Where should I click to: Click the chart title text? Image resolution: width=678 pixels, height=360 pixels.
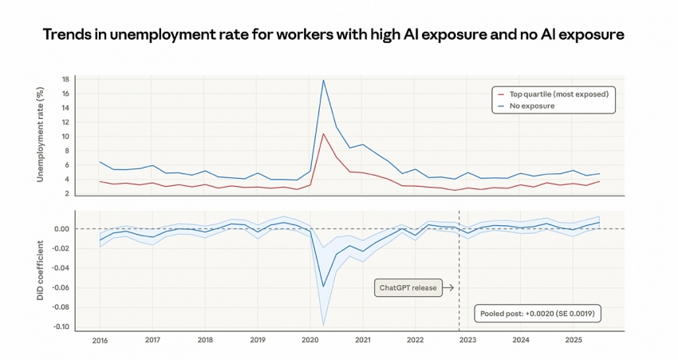click(x=333, y=34)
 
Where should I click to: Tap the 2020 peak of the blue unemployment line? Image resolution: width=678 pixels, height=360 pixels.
click(x=323, y=80)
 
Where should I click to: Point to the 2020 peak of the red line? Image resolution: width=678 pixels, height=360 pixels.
click(x=323, y=133)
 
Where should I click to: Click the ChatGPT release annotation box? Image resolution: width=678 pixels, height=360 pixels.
click(x=408, y=288)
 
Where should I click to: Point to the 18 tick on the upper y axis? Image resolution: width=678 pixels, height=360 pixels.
click(x=65, y=80)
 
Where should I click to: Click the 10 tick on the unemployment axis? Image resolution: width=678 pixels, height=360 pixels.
click(x=65, y=136)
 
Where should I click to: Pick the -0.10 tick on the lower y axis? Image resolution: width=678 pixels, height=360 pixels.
click(x=61, y=326)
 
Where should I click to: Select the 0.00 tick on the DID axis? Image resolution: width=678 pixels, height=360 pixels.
click(x=62, y=229)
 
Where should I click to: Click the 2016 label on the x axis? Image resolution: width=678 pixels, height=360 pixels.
click(x=100, y=340)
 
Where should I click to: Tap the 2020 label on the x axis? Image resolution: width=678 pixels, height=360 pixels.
click(x=310, y=340)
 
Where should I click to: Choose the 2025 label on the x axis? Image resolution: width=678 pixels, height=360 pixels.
click(x=573, y=340)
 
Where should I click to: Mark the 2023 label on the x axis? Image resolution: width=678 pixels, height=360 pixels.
click(x=467, y=340)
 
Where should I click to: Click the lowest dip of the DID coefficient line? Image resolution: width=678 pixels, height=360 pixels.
click(x=323, y=287)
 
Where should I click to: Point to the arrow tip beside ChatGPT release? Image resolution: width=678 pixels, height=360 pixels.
click(x=453, y=288)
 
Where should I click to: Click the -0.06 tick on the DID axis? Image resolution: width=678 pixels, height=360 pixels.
click(x=61, y=287)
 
